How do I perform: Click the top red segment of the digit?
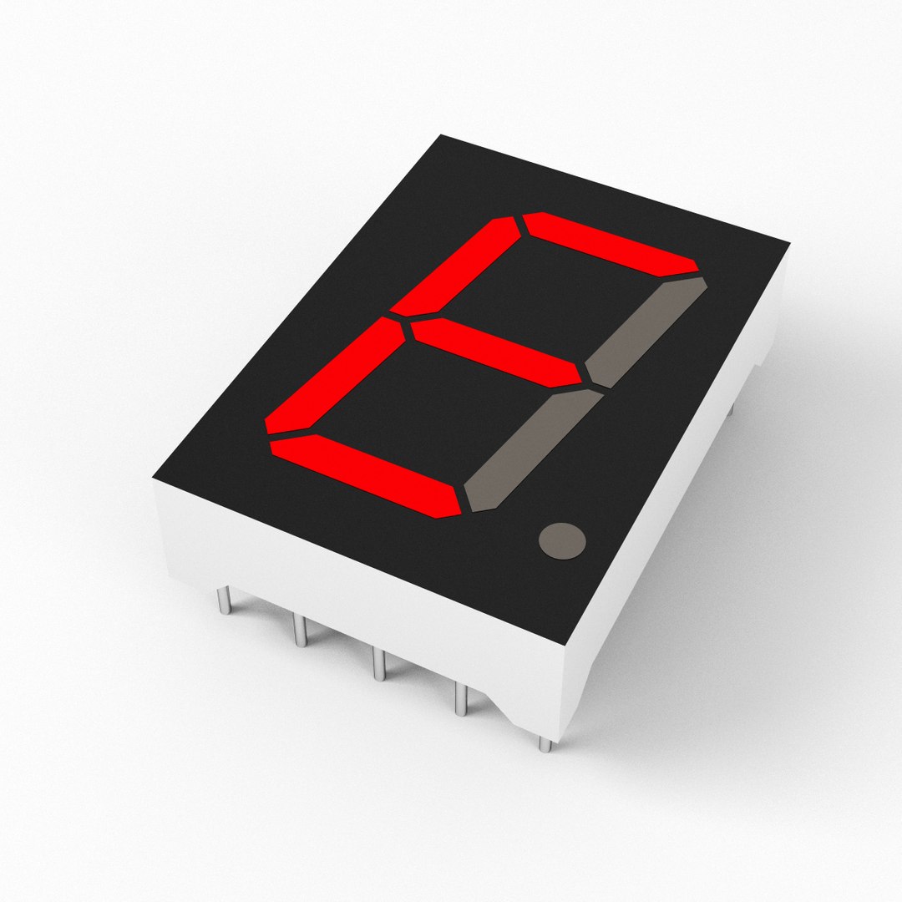pyautogui.click(x=610, y=244)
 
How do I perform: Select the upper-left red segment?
pyautogui.click(x=456, y=266)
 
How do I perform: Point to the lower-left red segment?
pyautogui.click(x=334, y=376)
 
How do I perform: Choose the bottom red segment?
pyautogui.click(x=367, y=474)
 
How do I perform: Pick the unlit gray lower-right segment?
pyautogui.click(x=531, y=451)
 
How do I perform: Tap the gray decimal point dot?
pyautogui.click(x=562, y=540)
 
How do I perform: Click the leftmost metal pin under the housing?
pyautogui.click(x=224, y=600)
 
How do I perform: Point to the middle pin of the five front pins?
pyautogui.click(x=378, y=664)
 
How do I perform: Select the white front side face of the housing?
pyautogui.click(x=351, y=585)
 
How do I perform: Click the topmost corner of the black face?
pyautogui.click(x=441, y=134)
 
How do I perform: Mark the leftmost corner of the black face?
pyautogui.click(x=153, y=479)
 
